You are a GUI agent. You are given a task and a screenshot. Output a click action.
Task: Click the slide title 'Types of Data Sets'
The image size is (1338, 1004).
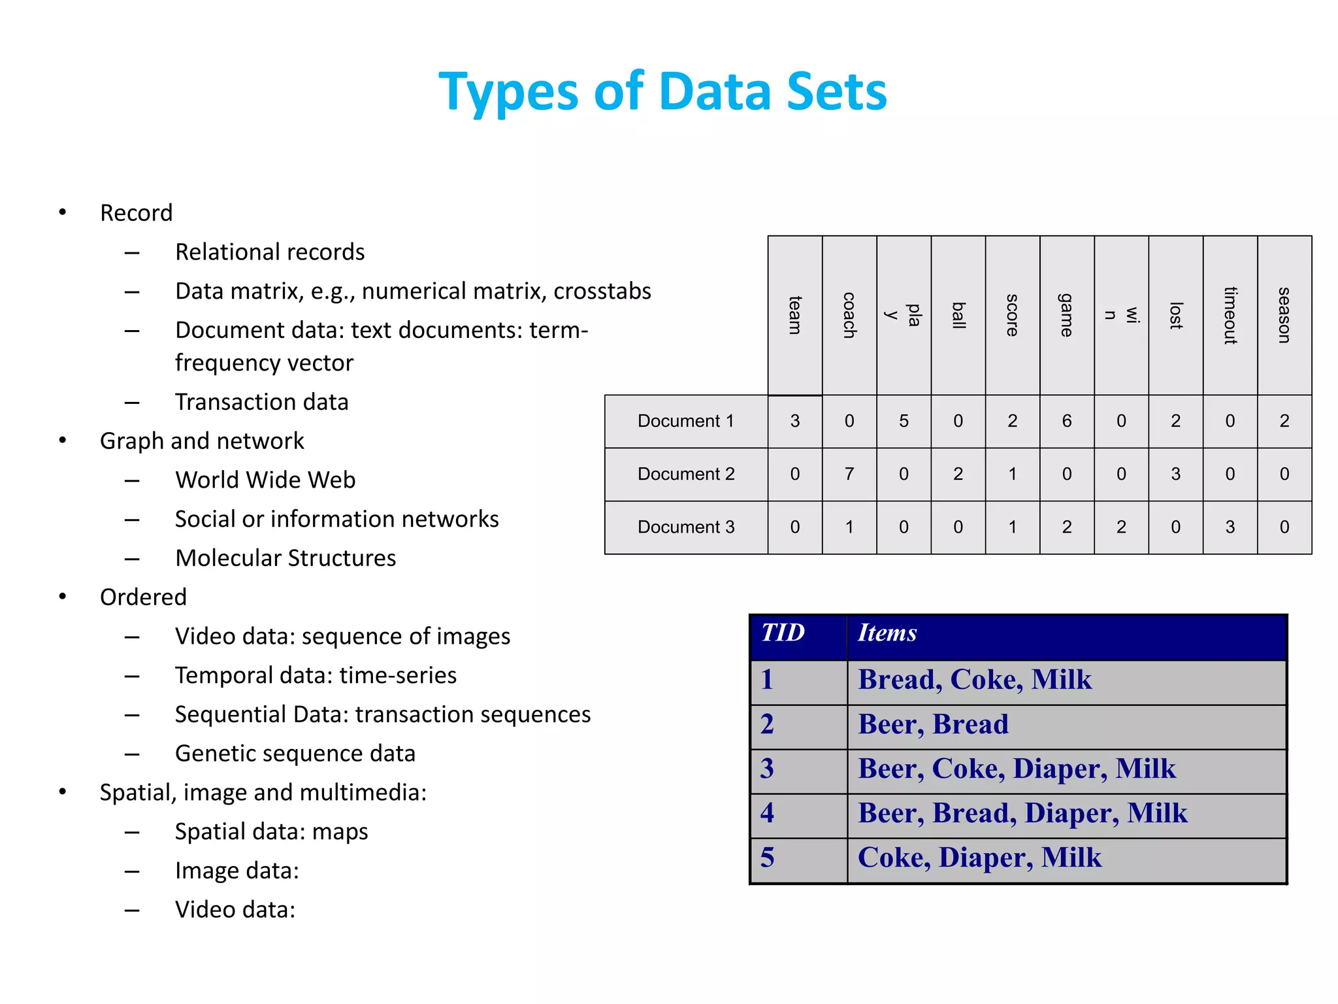click(x=662, y=92)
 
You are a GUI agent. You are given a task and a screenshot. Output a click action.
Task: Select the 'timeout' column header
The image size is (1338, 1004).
click(x=1230, y=316)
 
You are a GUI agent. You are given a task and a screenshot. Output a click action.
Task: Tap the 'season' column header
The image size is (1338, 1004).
click(x=1284, y=316)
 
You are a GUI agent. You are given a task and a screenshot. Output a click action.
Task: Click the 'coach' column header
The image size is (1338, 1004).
click(x=849, y=316)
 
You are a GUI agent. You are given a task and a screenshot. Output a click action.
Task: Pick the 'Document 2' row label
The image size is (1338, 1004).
click(x=686, y=474)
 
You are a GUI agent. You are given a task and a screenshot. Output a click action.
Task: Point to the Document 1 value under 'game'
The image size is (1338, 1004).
click(x=1067, y=421)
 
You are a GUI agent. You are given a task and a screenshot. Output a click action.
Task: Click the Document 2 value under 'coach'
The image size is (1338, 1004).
click(x=849, y=474)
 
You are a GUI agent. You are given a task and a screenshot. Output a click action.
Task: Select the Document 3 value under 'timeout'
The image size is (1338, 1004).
click(x=1230, y=527)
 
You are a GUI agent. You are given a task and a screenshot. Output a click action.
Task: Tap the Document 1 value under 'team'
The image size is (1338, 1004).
click(x=795, y=421)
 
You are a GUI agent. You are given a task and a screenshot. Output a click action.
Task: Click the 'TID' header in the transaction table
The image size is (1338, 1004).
click(x=783, y=633)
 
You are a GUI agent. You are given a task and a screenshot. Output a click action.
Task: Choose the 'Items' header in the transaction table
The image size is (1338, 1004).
click(x=887, y=633)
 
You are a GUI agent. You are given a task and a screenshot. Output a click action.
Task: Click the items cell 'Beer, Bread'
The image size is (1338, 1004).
click(x=933, y=724)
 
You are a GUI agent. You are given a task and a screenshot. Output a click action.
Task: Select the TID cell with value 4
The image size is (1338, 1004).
click(x=768, y=813)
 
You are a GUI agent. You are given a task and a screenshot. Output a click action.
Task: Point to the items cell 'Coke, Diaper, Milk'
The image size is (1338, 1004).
click(x=979, y=858)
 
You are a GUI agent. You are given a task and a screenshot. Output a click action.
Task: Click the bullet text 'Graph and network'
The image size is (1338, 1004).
click(x=202, y=441)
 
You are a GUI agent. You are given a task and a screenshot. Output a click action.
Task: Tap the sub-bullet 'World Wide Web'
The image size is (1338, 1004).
click(x=265, y=480)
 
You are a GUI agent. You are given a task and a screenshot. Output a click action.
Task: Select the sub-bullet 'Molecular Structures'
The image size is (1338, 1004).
click(x=286, y=558)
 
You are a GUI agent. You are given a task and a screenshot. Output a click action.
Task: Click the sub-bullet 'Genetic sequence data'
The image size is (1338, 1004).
click(x=295, y=754)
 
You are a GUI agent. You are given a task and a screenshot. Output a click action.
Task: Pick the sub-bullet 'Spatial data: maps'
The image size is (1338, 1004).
click(x=272, y=831)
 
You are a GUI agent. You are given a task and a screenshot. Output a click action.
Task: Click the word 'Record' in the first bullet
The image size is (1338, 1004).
click(x=137, y=213)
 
